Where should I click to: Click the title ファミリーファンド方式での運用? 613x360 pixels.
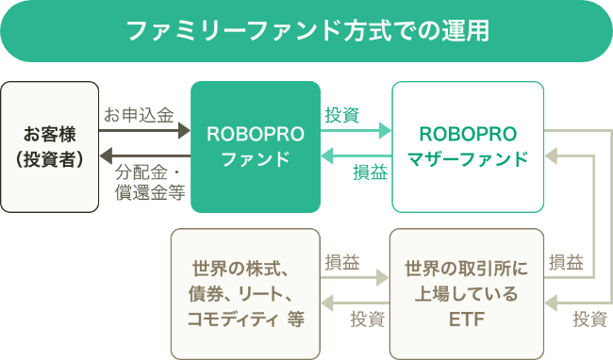[x=306, y=31]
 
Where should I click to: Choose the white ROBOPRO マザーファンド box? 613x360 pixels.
[x=468, y=146]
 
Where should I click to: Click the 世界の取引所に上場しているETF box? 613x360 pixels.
[x=468, y=291]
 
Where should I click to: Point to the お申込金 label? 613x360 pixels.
[x=139, y=115]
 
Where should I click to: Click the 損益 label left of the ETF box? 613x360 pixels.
[x=341, y=261]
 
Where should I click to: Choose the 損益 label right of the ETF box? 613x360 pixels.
[x=566, y=261]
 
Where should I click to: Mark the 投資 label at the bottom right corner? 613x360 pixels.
[x=590, y=318]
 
